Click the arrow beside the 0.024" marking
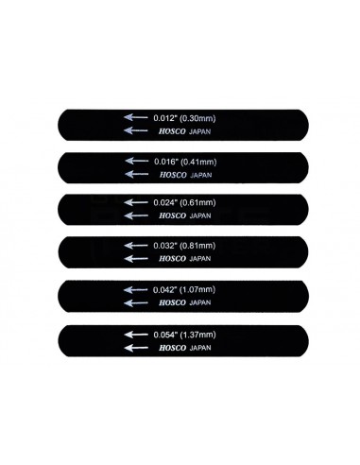click(x=135, y=203)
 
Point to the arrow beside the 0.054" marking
click(x=135, y=335)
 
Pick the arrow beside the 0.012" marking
click(x=135, y=117)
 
